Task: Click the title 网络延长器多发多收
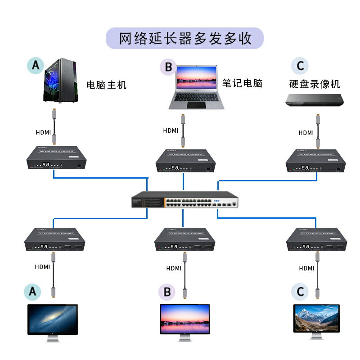coord(185,38)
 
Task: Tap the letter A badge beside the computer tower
coord(36,66)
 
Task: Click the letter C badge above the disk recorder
coord(300,66)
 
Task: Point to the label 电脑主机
coord(106,85)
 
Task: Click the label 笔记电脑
coord(242,83)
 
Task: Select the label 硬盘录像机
coord(315,84)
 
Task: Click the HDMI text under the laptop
coord(171,131)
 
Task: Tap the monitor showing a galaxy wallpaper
coord(52,319)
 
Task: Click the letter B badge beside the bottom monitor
coord(167,292)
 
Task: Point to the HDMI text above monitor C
coord(306,268)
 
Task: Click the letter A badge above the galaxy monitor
coord(32,292)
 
